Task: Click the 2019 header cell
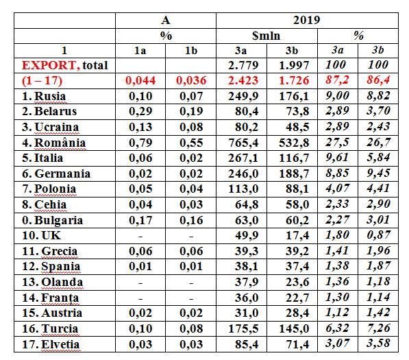(307, 21)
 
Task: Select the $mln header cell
(266, 36)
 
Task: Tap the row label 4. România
(54, 143)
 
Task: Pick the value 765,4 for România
(243, 143)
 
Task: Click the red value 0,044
(140, 80)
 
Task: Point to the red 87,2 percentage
(337, 80)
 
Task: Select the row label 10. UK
(41, 235)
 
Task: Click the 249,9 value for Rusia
(243, 96)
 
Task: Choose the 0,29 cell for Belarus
(140, 112)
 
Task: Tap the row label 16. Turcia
(50, 328)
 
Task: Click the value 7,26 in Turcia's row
(378, 328)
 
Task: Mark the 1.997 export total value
(294, 65)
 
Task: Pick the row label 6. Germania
(56, 173)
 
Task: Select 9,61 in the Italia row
(337, 158)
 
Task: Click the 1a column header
(140, 51)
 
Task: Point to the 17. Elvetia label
(51, 344)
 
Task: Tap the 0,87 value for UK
(378, 235)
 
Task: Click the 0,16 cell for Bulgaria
(191, 220)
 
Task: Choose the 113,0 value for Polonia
(243, 189)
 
